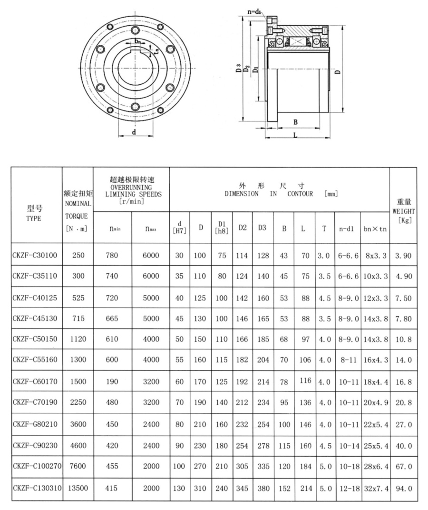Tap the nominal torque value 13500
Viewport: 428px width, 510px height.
78,488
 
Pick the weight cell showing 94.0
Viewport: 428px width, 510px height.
403,488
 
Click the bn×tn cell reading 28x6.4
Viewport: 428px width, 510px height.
375,467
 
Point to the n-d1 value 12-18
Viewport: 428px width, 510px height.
348,488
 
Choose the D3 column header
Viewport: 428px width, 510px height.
263,228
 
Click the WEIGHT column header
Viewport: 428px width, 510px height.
403,210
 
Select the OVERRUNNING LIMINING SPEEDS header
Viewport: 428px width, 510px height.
132,190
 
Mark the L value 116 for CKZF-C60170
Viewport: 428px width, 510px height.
305,381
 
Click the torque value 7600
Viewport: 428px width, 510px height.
78,467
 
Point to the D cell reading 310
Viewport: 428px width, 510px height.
199,488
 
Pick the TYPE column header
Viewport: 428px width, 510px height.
35,213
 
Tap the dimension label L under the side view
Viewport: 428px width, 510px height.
296,136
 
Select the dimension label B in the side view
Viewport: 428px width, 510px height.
295,122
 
